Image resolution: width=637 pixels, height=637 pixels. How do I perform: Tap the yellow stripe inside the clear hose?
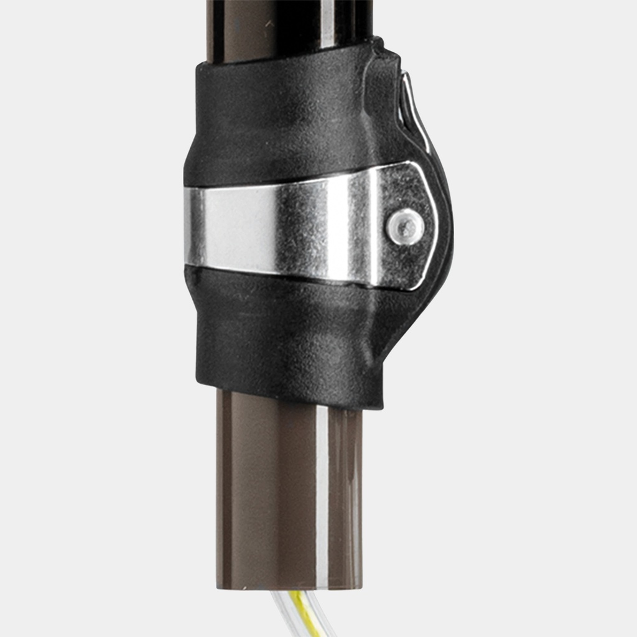(302, 610)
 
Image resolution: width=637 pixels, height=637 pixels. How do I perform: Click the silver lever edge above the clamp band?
(416, 112)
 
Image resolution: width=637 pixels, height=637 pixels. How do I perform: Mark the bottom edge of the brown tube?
(289, 586)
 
